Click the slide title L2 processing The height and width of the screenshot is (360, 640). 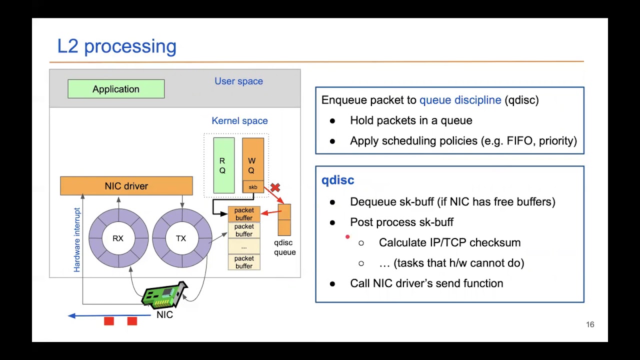[x=116, y=46]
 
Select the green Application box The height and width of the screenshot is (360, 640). [x=116, y=89]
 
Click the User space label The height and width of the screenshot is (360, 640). [x=238, y=81]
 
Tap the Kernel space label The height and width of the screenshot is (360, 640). [x=239, y=120]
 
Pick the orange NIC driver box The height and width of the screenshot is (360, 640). [x=126, y=186]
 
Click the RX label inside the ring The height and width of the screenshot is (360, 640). [x=118, y=238]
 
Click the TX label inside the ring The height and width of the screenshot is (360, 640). [x=181, y=238]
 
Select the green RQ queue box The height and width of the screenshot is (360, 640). [x=223, y=165]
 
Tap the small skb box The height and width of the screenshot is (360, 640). [x=253, y=187]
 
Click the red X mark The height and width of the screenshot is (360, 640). [x=275, y=187]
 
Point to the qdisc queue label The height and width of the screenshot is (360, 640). [x=284, y=247]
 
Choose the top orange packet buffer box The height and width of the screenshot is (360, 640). [x=244, y=214]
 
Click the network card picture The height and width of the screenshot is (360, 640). [x=165, y=295]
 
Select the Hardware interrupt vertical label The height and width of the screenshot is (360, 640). [x=77, y=240]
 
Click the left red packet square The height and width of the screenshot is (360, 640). [x=109, y=321]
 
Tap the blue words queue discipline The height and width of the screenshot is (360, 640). [x=460, y=100]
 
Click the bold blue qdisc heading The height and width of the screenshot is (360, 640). [x=337, y=180]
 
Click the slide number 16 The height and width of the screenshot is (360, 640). [x=590, y=324]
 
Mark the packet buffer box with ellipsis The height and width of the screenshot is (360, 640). [x=244, y=246]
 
